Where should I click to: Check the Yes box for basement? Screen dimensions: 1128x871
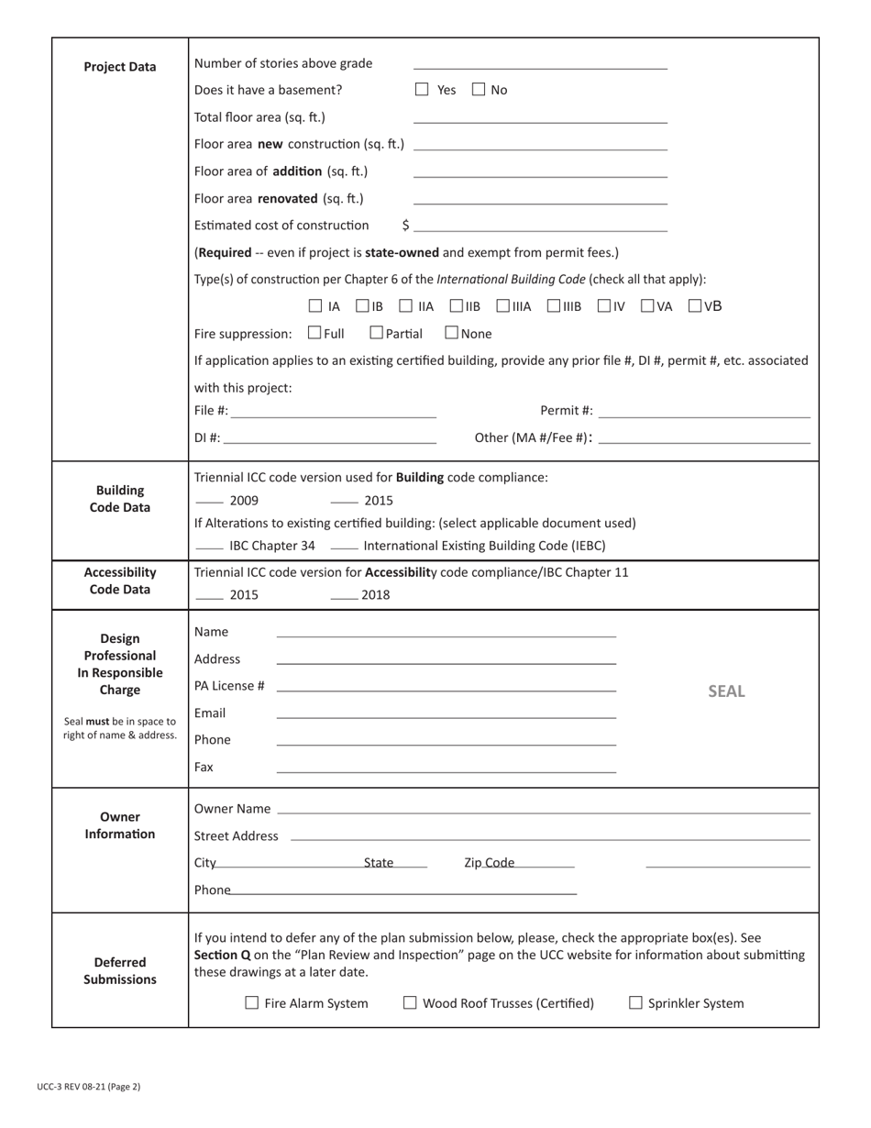point(422,90)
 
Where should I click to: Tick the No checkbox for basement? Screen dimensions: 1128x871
point(479,90)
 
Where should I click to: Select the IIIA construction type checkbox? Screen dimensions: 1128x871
point(504,306)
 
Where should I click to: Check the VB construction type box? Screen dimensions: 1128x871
point(695,306)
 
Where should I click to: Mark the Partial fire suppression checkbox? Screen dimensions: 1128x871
point(376,333)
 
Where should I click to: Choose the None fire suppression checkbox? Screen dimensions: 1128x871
point(452,333)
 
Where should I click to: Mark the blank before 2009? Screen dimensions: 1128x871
point(210,501)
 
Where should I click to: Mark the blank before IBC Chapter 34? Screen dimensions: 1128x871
point(210,547)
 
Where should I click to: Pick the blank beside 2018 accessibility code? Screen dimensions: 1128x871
point(344,596)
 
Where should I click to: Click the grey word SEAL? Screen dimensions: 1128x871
point(726,691)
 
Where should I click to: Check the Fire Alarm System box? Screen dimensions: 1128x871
point(252,1003)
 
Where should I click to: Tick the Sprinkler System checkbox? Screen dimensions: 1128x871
point(635,1003)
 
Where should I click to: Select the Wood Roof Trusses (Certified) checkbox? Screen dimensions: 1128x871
point(410,1003)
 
